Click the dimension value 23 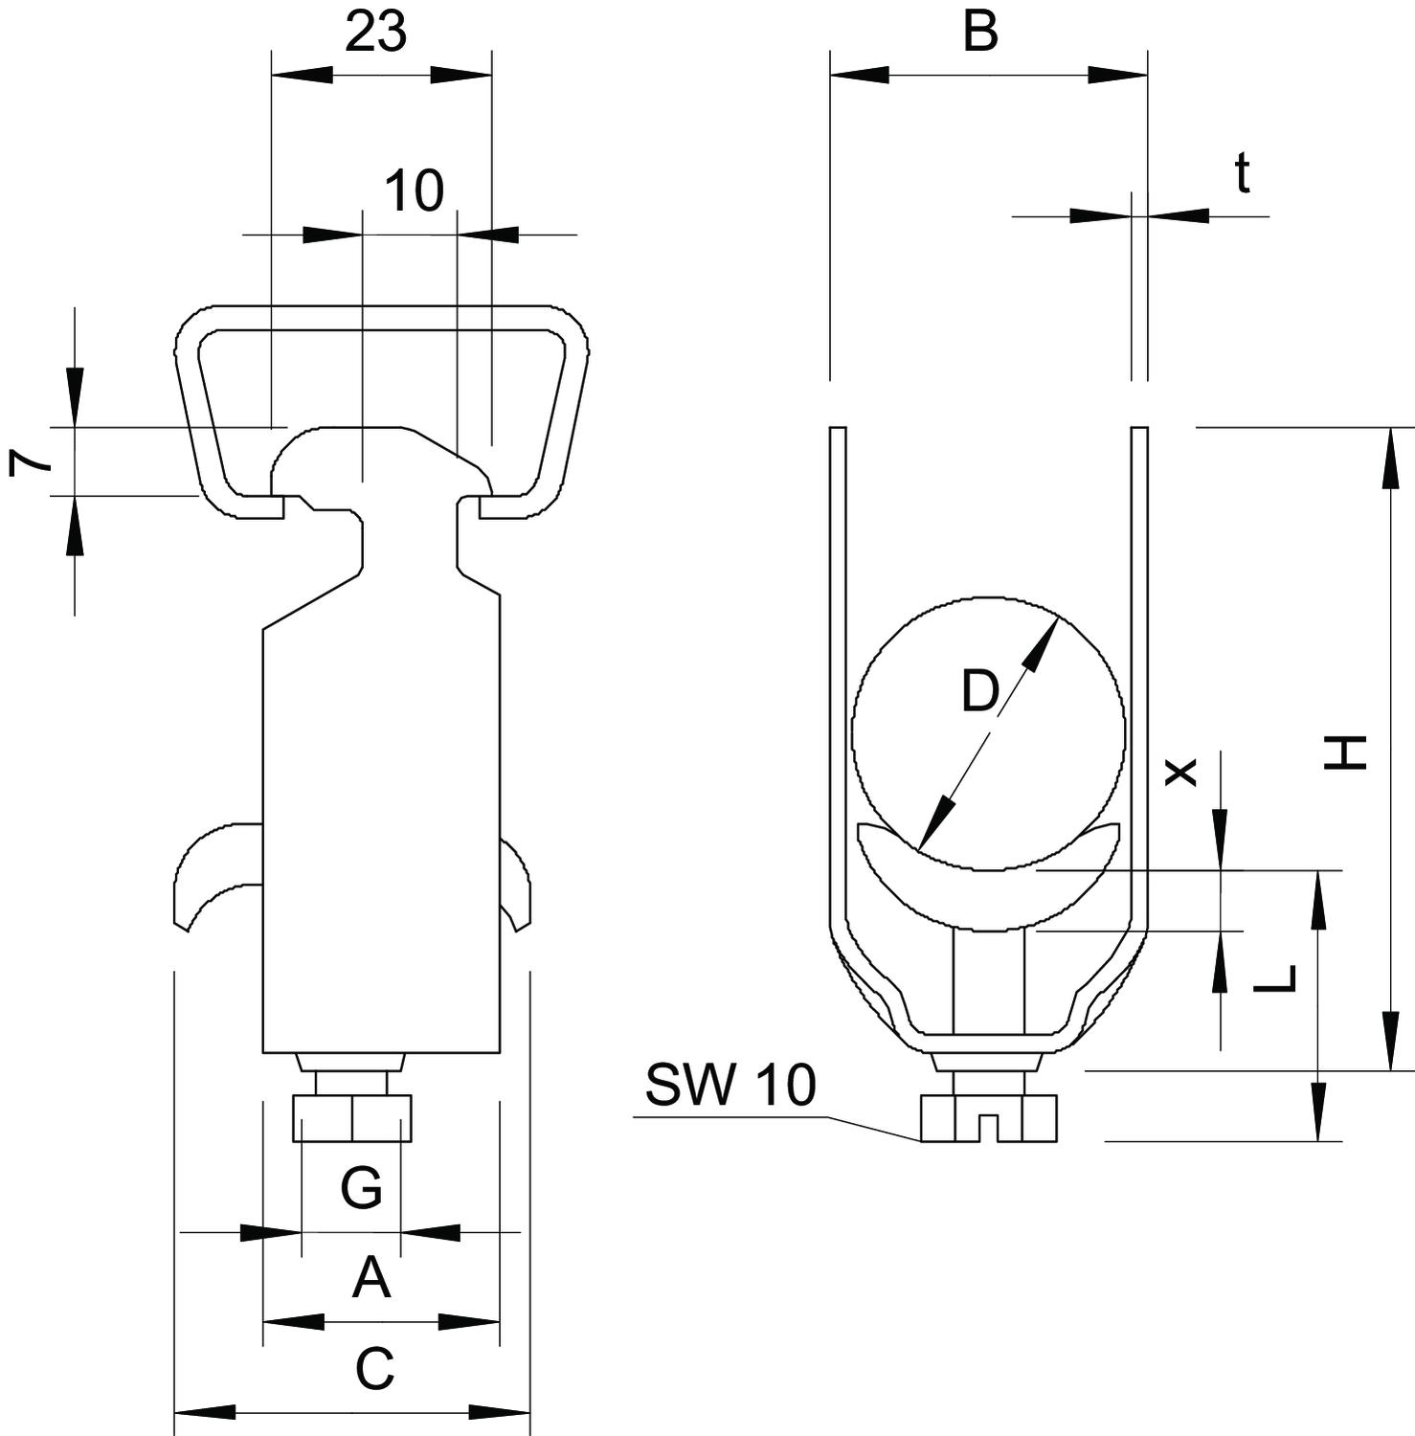pos(375,33)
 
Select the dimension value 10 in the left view pos(415,191)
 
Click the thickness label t pos(1242,173)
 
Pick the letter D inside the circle pos(980,691)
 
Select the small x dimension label pos(1180,771)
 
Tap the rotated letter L pos(1274,977)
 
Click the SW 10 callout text pos(730,1085)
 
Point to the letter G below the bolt pos(362,1188)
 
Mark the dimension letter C pos(374,1368)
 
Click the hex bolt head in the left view pos(352,1118)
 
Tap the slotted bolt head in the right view pos(989,1118)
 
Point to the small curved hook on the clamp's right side pos(517,881)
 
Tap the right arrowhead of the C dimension pos(501,1412)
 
